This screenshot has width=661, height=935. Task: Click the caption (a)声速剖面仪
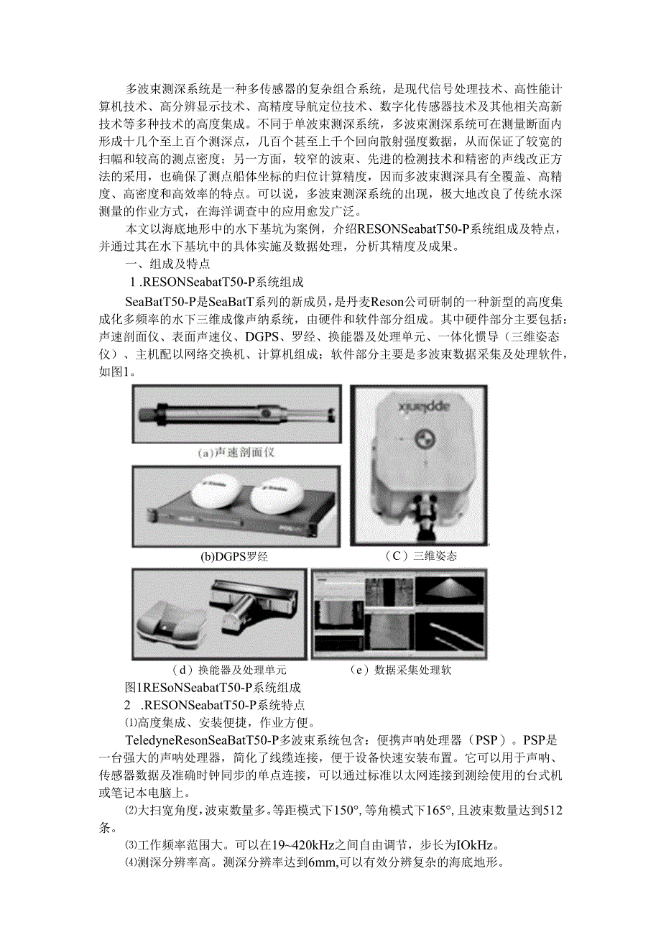coord(236,453)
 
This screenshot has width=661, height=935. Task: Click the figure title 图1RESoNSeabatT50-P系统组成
coord(213,687)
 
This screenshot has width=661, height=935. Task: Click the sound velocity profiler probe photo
coord(237,416)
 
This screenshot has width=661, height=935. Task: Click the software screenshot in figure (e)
coord(399,614)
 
